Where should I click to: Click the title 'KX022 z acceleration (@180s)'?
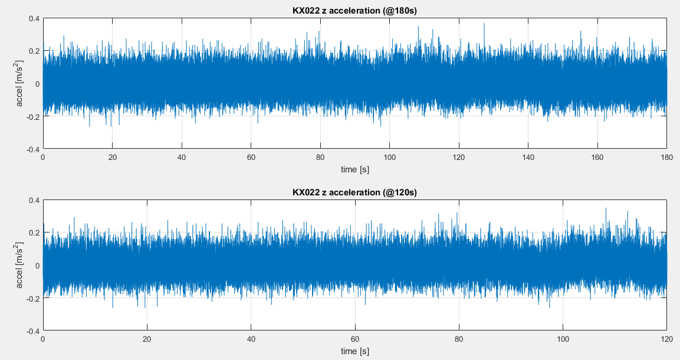354,11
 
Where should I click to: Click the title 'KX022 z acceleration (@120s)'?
354,192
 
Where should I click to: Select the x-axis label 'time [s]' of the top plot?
354,169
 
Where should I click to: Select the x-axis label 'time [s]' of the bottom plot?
354,351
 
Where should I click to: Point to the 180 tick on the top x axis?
666,158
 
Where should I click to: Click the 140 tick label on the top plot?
528,158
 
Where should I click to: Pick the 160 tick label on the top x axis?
597,158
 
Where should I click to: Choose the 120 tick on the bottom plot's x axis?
666,339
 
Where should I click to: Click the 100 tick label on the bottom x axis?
563,339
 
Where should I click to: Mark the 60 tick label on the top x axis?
251,158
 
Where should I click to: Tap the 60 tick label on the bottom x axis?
354,339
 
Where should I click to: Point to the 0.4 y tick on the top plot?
34,18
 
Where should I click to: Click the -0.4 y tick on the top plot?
33,149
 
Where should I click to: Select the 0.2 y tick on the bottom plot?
34,233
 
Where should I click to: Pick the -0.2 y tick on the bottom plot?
33,298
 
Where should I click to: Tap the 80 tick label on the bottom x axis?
459,339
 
